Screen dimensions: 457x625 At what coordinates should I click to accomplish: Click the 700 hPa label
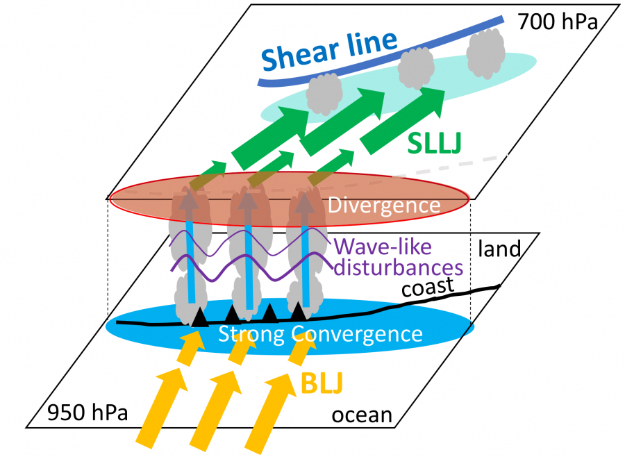[x=556, y=22]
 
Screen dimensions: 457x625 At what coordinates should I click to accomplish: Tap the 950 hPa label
[x=87, y=415]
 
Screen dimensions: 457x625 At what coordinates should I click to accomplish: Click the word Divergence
[x=383, y=206]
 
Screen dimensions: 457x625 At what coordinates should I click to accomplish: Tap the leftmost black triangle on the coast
[x=200, y=317]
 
